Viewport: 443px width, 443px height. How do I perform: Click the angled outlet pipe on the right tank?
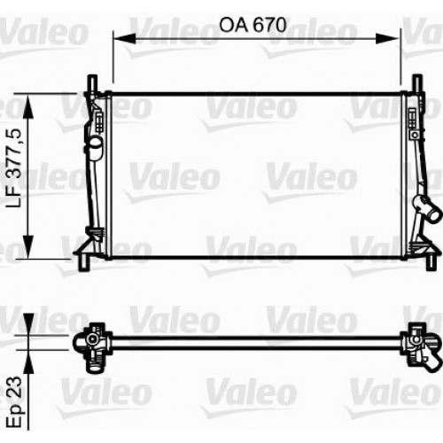(x=431, y=215)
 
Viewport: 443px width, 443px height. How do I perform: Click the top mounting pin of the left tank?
(x=90, y=82)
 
